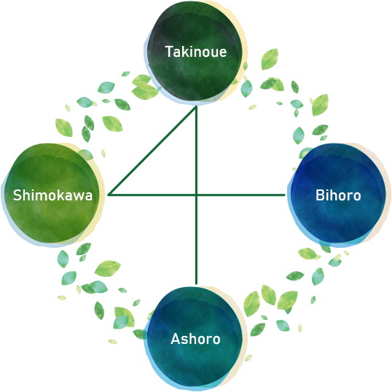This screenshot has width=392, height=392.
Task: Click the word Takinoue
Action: click(x=196, y=52)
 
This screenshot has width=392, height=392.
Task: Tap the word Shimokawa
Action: click(x=52, y=195)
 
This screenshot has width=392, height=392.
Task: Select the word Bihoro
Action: click(x=338, y=195)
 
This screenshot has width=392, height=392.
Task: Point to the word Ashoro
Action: click(x=195, y=339)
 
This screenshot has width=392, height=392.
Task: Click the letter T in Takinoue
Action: click(x=170, y=52)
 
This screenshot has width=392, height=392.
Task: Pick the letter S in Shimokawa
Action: click(x=17, y=195)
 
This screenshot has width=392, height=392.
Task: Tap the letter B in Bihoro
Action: click(x=320, y=195)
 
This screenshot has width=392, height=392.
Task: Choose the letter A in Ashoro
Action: click(x=176, y=339)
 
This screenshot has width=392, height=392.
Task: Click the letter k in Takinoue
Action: click(x=187, y=52)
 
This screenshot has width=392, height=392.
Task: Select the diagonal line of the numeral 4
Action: click(x=152, y=150)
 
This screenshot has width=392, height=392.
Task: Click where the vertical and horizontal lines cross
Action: click(x=196, y=195)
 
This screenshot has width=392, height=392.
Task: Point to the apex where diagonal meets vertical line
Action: click(x=196, y=107)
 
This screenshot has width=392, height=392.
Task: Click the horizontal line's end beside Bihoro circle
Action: click(x=284, y=195)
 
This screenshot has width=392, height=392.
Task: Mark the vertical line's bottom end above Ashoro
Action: click(x=196, y=283)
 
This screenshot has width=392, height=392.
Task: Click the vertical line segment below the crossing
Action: click(x=196, y=239)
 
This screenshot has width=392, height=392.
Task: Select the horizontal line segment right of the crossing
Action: click(x=240, y=195)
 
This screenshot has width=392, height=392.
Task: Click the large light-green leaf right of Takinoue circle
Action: click(x=270, y=59)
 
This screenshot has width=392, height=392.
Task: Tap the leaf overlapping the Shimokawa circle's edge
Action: click(x=85, y=154)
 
